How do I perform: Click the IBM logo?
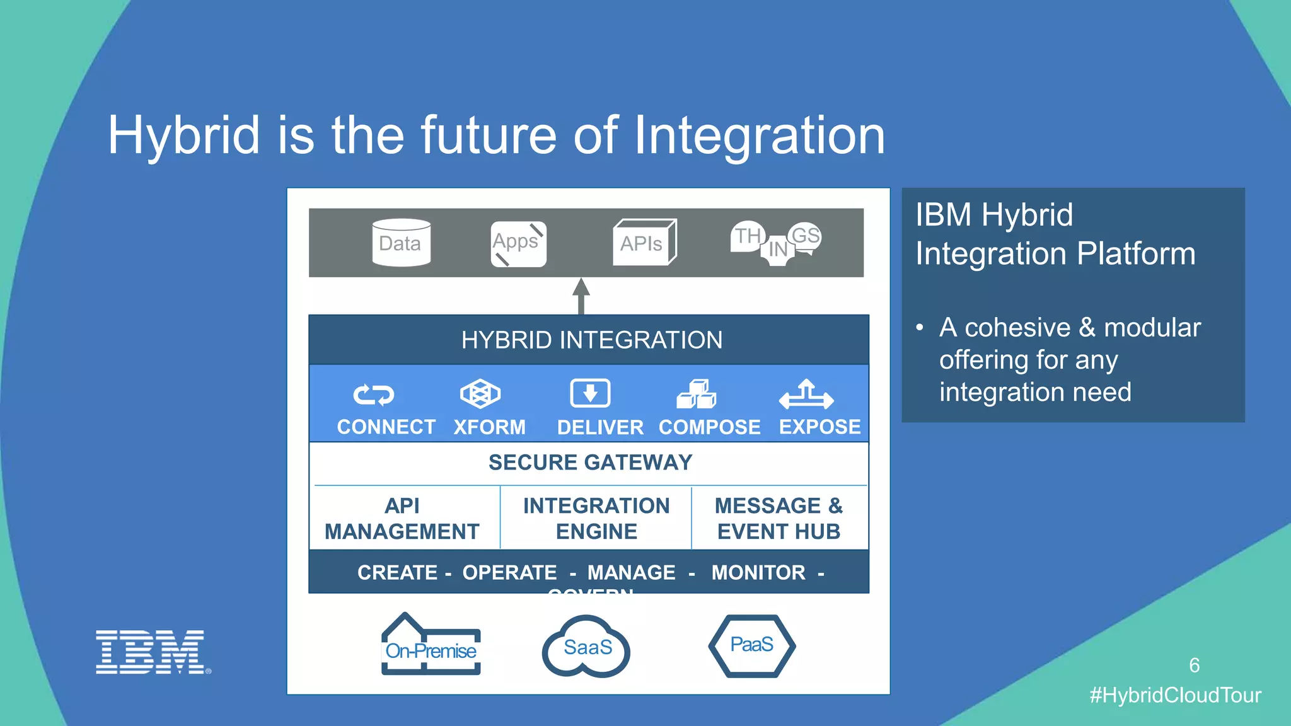click(151, 652)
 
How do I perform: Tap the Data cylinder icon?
click(401, 243)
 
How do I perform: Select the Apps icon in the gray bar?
click(518, 244)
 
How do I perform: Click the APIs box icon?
click(644, 243)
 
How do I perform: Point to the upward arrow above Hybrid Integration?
click(581, 296)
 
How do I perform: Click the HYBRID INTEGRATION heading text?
click(591, 340)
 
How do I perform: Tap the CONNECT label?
click(386, 427)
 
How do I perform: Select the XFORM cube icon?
click(480, 395)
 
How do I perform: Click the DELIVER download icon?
click(590, 394)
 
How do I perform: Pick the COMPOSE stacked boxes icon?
click(697, 395)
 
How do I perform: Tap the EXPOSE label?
click(819, 427)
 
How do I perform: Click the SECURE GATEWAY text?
click(590, 463)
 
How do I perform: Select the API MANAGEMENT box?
click(402, 519)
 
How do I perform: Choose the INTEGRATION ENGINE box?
click(596, 519)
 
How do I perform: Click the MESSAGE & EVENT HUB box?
click(779, 519)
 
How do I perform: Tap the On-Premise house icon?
click(431, 646)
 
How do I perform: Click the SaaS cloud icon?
click(586, 647)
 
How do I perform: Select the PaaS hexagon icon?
click(751, 645)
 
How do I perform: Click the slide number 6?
click(1194, 665)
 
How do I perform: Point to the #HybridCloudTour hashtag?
click(1175, 695)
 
